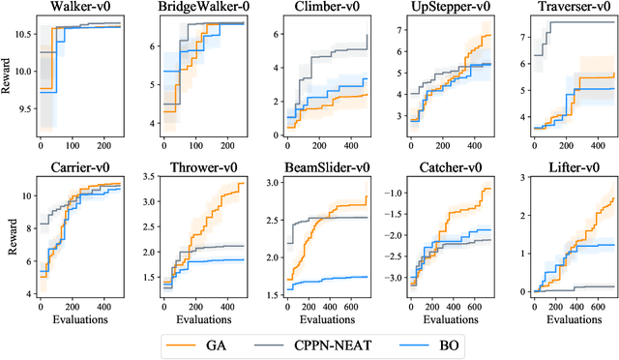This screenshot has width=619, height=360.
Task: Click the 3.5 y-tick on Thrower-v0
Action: (145, 177)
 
